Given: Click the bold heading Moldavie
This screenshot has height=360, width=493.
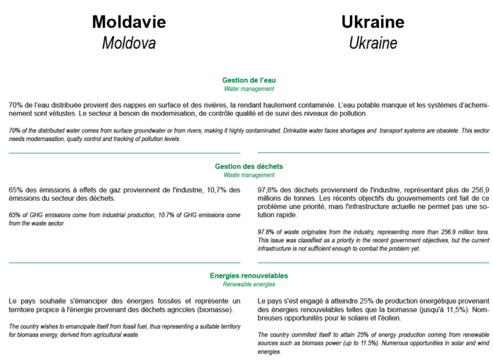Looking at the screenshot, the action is pyautogui.click(x=129, y=22).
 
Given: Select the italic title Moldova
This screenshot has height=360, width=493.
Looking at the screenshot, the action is pyautogui.click(x=129, y=43).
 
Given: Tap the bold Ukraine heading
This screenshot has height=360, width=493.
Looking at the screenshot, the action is pyautogui.click(x=373, y=22).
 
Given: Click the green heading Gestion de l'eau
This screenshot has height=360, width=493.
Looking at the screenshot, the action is pyautogui.click(x=249, y=80).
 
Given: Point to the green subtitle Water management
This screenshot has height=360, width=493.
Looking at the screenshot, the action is pyautogui.click(x=249, y=89).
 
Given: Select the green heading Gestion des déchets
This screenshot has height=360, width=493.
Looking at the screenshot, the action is pyautogui.click(x=249, y=166).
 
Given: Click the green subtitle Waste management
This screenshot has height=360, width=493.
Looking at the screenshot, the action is pyautogui.click(x=249, y=175).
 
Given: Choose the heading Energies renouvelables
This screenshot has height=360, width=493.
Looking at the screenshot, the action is pyautogui.click(x=249, y=275).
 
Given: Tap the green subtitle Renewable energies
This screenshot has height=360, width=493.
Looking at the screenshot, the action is pyautogui.click(x=249, y=284).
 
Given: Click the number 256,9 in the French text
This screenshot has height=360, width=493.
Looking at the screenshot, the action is pyautogui.click(x=480, y=190).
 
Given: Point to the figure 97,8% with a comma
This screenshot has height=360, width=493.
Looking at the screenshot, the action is pyautogui.click(x=267, y=190).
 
